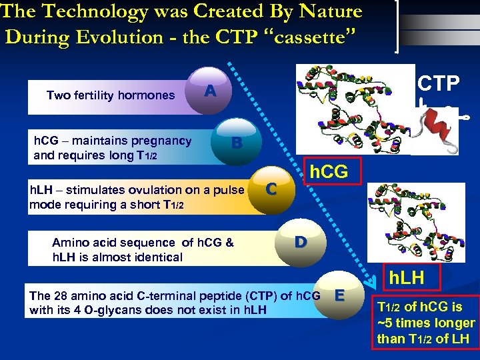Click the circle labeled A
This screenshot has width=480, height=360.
(x=209, y=91)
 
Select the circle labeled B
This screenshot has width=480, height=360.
(x=235, y=142)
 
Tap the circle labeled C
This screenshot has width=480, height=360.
(x=271, y=189)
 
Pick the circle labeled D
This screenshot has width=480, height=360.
(x=301, y=241)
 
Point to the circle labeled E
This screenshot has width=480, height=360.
(x=339, y=295)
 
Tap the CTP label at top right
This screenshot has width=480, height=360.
(x=438, y=83)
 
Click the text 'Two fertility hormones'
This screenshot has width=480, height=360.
(x=111, y=95)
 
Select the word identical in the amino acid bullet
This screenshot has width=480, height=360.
(x=160, y=257)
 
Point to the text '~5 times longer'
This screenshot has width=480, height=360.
(x=426, y=323)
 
